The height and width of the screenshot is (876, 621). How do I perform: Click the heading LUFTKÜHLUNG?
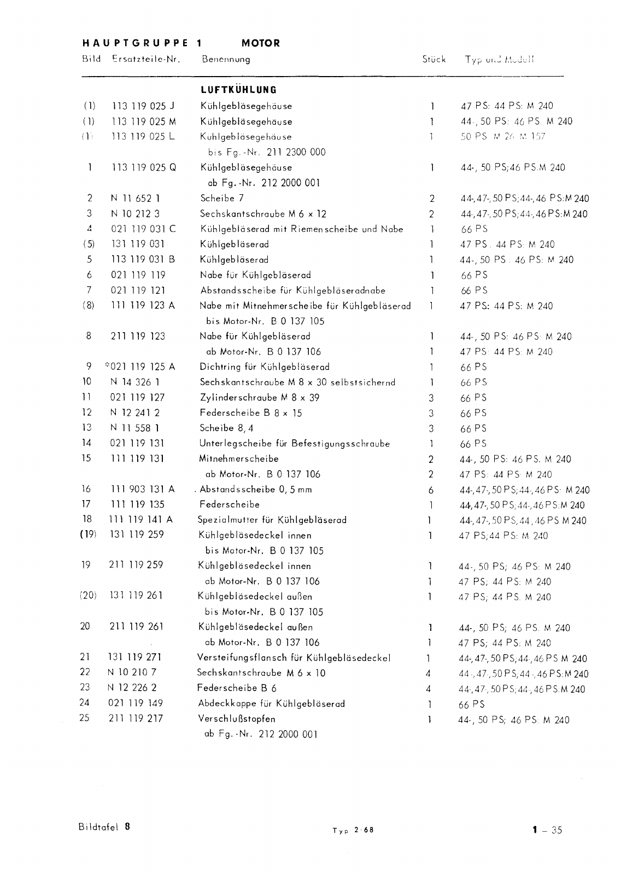[x=238, y=90]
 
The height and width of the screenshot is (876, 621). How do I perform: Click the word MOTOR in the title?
[x=260, y=43]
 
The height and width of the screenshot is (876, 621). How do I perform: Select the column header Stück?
[x=433, y=59]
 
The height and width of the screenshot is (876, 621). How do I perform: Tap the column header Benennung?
[x=226, y=59]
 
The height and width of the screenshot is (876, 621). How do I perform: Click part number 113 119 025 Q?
[x=144, y=168]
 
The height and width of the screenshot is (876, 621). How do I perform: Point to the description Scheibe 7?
[x=222, y=199]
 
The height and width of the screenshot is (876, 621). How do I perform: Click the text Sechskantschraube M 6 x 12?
[x=263, y=214]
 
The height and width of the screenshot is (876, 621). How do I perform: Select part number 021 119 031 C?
[x=143, y=229]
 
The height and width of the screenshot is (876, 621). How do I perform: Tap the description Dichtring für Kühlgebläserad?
[x=265, y=367]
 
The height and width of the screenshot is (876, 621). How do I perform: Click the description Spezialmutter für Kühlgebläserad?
[x=272, y=520]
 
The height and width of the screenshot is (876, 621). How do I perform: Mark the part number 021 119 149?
[x=136, y=703]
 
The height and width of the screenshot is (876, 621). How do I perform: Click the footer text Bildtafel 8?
[x=104, y=827]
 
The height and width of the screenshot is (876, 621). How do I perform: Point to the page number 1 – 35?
[x=547, y=830]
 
